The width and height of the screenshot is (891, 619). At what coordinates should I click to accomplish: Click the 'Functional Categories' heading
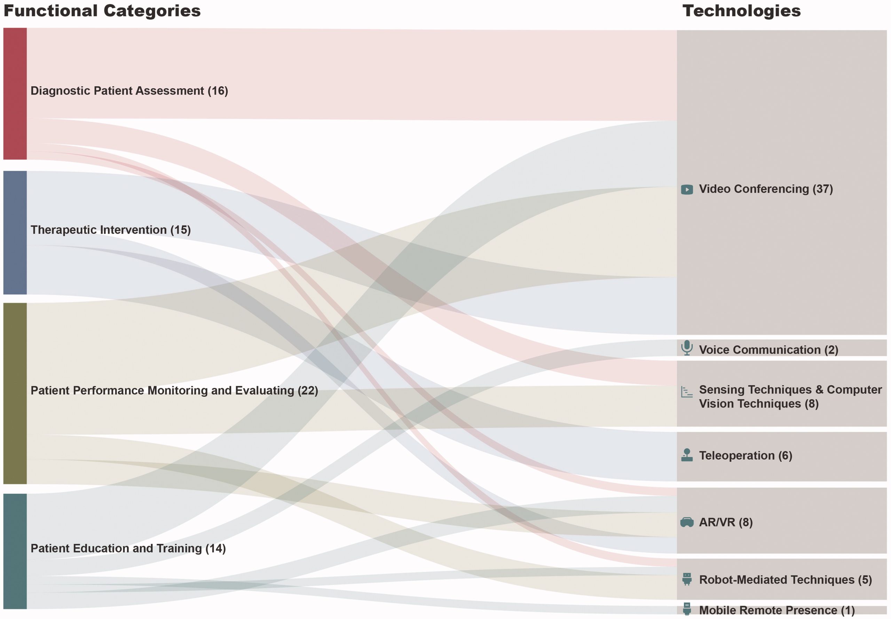[x=102, y=11]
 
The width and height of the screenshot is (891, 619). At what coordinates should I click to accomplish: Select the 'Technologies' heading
[x=741, y=11]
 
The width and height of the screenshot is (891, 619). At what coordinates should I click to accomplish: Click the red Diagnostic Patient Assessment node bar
[x=15, y=94]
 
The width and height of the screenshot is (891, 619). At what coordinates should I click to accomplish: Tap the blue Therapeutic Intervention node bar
[x=15, y=233]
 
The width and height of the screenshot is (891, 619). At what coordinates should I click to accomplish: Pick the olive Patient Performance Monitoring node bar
[x=15, y=393]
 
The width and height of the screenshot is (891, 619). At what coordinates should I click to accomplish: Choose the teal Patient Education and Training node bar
[x=15, y=551]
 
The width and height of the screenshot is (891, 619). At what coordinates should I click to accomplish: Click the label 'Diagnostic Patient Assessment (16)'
[x=129, y=91]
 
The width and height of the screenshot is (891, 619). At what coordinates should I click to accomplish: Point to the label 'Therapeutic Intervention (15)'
[x=111, y=230]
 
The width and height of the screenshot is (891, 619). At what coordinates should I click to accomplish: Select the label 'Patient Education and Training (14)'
[x=128, y=548]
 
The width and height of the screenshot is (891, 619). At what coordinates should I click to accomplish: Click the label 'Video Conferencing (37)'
[x=766, y=189]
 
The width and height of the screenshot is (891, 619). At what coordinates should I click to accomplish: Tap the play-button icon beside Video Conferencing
[x=687, y=189]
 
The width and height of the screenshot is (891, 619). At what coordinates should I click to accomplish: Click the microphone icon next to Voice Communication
[x=687, y=348]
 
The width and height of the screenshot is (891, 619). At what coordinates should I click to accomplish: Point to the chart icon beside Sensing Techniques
[x=687, y=392]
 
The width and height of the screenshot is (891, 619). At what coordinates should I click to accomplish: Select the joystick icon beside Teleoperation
[x=687, y=455]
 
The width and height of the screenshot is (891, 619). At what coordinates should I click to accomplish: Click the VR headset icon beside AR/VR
[x=687, y=522]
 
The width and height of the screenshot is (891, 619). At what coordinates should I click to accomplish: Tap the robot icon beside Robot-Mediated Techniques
[x=687, y=579]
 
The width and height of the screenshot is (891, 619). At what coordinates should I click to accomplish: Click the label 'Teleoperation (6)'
[x=746, y=455]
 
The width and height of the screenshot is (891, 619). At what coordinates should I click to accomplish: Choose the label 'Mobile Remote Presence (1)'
[x=777, y=610]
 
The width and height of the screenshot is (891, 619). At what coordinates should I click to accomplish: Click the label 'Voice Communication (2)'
[x=768, y=350]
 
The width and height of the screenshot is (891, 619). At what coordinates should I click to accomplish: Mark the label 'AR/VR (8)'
[x=726, y=522]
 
